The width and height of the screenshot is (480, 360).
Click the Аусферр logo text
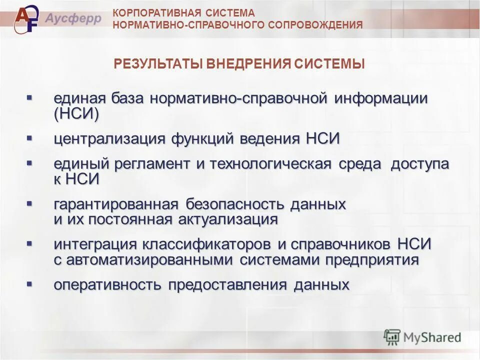click(x=74, y=18)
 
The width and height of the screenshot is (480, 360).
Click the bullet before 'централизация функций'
click(x=29, y=137)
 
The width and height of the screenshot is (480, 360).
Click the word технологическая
click(x=271, y=164)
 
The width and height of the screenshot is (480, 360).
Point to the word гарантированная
click(x=116, y=204)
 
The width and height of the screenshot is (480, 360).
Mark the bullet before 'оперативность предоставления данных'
click(x=29, y=284)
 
